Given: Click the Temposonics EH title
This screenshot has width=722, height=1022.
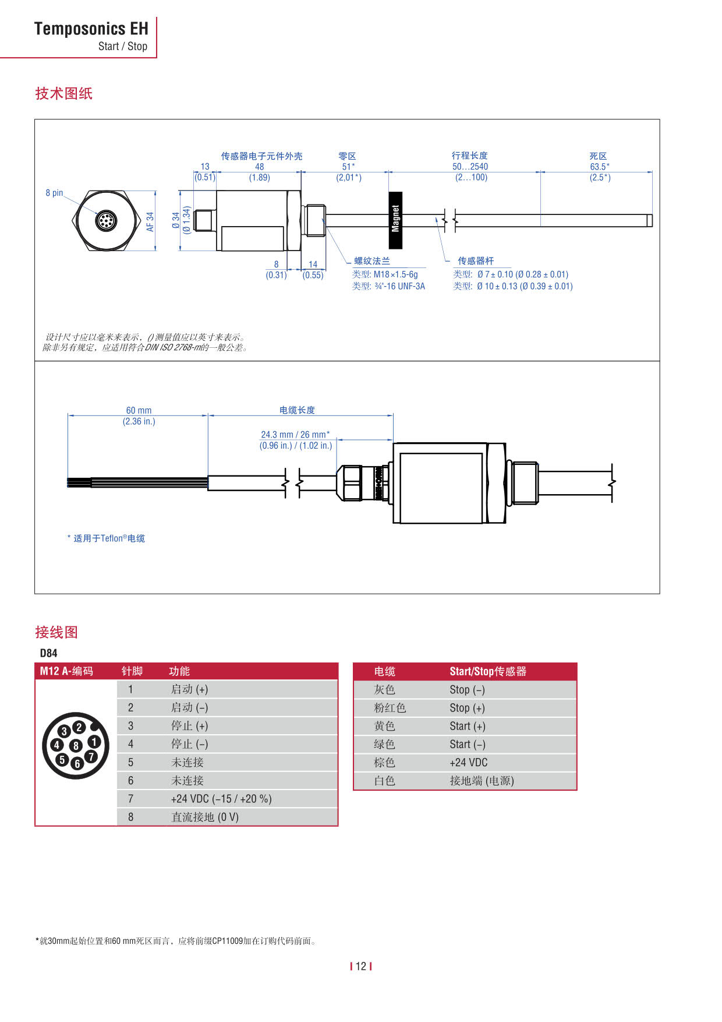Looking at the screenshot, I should (x=91, y=29).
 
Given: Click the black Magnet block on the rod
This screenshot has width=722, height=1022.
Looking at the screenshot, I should (x=395, y=220).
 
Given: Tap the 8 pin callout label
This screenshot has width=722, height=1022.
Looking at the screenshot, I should (x=54, y=193).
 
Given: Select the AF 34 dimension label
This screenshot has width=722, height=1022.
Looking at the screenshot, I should (x=150, y=221).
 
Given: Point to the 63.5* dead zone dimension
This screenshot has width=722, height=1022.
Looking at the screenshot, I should (x=599, y=167).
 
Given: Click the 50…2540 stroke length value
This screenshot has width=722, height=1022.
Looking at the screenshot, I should (x=470, y=167).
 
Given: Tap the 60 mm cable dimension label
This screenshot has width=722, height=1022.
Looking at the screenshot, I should (x=139, y=410).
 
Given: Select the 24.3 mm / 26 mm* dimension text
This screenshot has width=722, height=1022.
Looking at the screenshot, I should (x=295, y=435).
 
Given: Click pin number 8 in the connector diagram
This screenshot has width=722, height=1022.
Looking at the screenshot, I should (x=76, y=745).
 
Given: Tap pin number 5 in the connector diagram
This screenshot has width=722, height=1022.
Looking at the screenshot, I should (x=62, y=759).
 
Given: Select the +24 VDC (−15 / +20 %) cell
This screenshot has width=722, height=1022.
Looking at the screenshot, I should (x=221, y=799).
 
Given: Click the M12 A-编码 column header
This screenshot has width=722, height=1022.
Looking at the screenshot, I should (x=66, y=671).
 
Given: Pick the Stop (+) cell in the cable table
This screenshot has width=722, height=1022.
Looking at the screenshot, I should (x=467, y=708).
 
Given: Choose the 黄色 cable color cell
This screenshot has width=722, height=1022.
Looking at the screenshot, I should (x=384, y=726).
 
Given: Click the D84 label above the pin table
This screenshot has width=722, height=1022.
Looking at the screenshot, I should (x=48, y=653).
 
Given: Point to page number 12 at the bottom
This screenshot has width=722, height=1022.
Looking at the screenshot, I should (x=361, y=966).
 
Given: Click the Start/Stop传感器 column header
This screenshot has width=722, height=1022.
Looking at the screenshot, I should (x=488, y=671).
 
